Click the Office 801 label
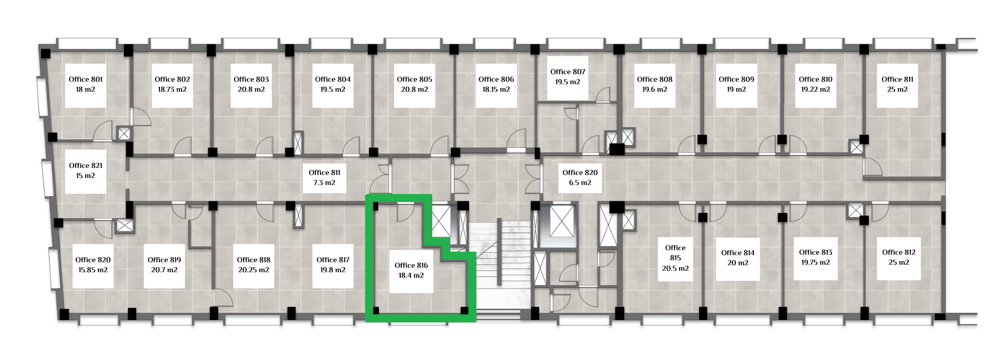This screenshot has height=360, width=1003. [85, 84]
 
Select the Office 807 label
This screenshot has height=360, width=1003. [568, 77]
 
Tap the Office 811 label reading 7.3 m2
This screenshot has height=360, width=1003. [324, 177]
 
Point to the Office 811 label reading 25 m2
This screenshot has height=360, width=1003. [897, 84]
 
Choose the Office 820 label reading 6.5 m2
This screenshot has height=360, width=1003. [580, 177]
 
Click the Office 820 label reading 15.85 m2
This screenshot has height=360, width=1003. [93, 265]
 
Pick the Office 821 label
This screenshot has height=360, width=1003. [85, 170]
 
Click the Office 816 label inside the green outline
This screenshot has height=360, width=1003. [411, 270]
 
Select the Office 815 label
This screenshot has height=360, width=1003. [675, 258]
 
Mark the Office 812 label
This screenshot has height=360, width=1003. [898, 258]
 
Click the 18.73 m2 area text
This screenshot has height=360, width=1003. [172, 90]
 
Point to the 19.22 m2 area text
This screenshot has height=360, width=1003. [815, 90]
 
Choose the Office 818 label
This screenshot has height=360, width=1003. [253, 265]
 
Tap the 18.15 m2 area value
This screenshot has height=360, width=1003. [496, 90]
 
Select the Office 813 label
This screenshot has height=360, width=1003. [815, 258]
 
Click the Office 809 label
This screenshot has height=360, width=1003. [736, 84]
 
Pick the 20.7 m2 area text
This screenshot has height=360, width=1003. [164, 270]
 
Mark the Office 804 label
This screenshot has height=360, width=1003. [332, 84]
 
